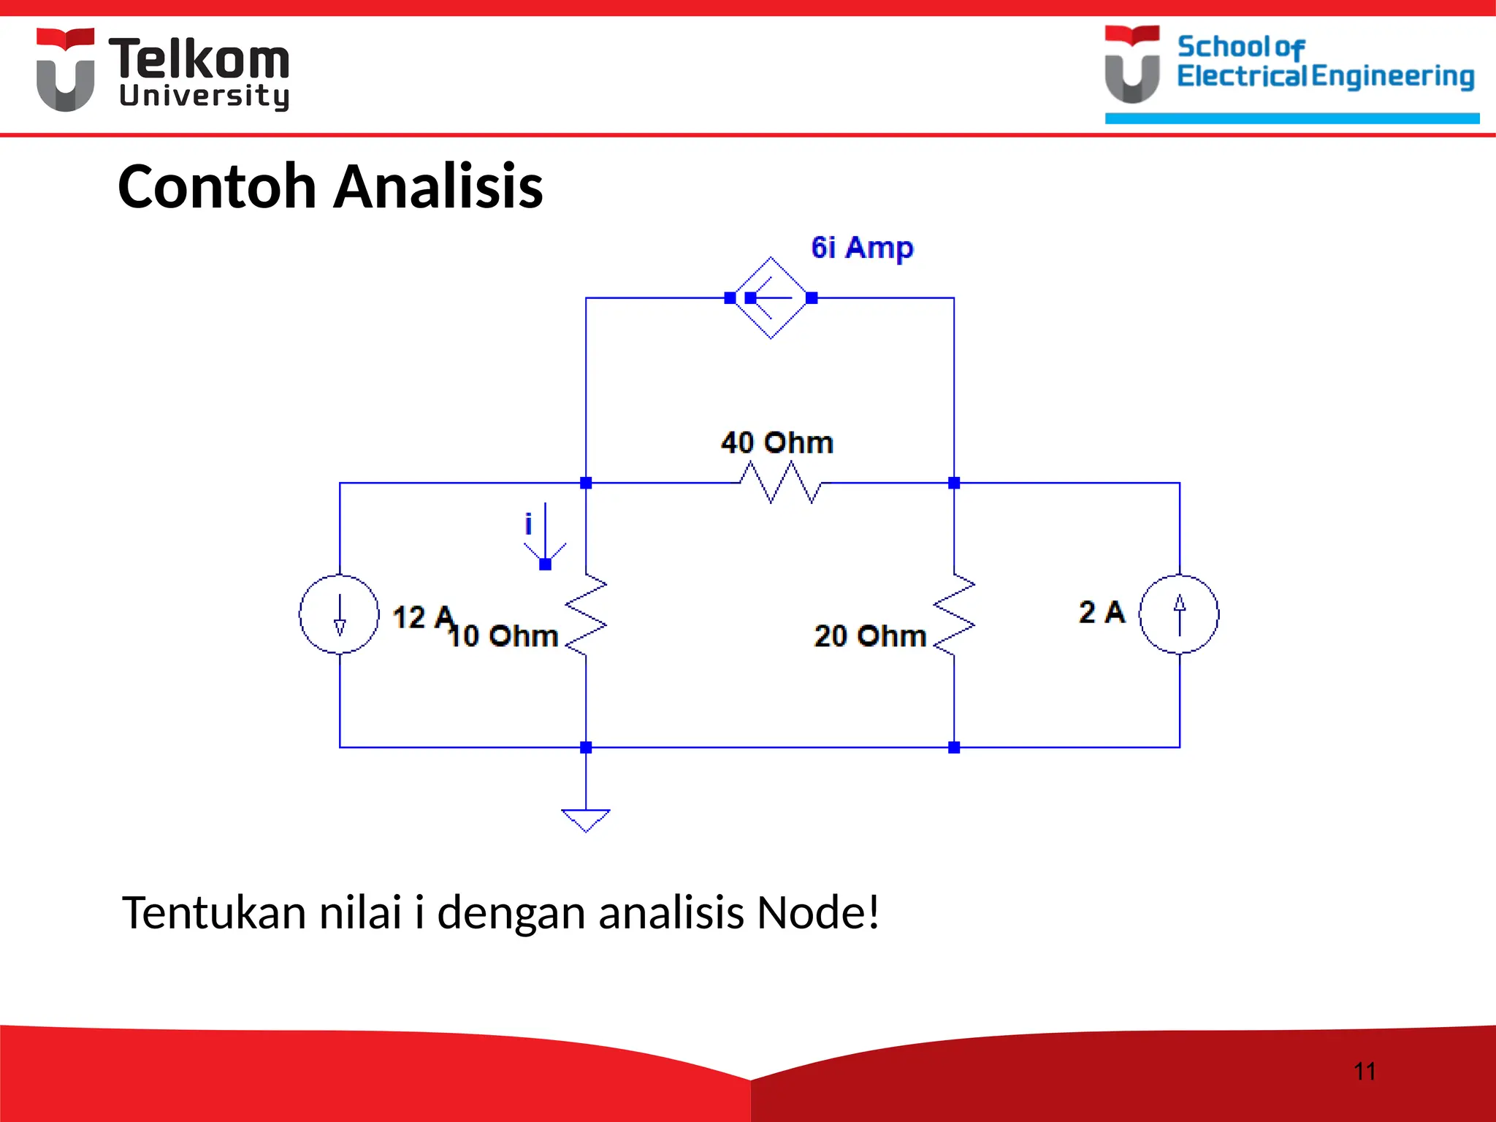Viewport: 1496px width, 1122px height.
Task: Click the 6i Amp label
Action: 862,248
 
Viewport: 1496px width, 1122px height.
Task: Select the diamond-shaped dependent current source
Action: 771,298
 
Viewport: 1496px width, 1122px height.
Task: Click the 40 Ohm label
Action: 776,443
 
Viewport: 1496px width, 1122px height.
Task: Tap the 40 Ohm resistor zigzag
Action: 780,483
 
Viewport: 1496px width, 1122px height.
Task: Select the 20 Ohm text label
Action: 870,636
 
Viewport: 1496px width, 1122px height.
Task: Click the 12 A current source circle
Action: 340,614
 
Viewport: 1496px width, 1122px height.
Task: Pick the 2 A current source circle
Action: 1179,614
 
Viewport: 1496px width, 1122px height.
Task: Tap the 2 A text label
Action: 1102,612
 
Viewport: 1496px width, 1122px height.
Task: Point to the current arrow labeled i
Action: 545,537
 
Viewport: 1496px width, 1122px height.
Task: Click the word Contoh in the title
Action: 216,187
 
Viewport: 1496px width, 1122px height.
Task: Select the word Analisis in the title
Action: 438,187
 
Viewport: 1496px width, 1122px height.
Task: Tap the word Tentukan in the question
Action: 214,913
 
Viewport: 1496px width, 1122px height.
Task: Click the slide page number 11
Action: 1365,1072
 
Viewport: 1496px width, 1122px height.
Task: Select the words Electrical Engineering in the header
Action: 1325,76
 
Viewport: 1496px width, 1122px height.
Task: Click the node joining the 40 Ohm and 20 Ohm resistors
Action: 954,483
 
